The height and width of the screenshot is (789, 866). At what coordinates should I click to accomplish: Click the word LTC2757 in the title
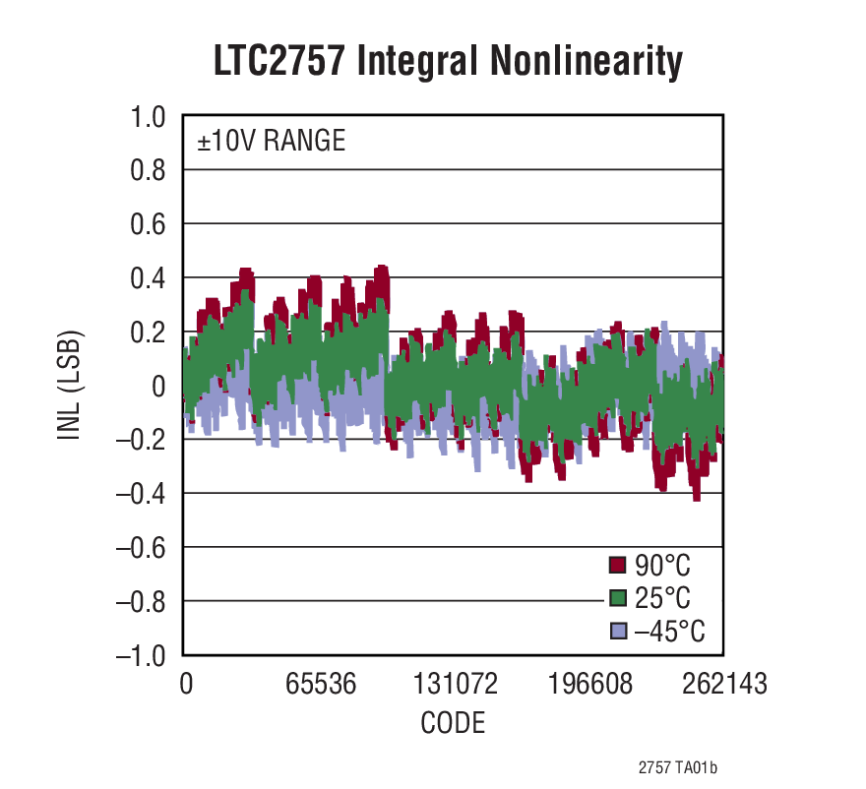(278, 61)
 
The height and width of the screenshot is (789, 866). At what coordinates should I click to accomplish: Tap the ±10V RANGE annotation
(271, 142)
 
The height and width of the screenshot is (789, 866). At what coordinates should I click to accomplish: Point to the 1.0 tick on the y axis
(149, 117)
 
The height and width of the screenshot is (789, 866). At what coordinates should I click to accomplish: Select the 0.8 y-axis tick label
(149, 171)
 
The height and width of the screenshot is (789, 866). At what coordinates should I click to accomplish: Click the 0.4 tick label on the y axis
(149, 278)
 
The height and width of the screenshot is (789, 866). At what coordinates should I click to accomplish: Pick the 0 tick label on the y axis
(157, 386)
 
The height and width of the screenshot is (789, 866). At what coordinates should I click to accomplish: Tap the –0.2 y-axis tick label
(141, 440)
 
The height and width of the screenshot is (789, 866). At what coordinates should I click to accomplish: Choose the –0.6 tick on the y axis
(141, 547)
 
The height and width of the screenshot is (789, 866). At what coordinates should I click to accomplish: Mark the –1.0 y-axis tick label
(141, 655)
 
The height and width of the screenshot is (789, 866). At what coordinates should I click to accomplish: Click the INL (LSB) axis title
(70, 386)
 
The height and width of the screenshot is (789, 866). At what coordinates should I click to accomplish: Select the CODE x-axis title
(453, 724)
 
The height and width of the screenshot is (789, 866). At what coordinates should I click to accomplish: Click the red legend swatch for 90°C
(618, 565)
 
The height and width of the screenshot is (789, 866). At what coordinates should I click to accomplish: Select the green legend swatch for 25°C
(618, 598)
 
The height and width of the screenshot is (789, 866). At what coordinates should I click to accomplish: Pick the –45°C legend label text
(669, 632)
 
